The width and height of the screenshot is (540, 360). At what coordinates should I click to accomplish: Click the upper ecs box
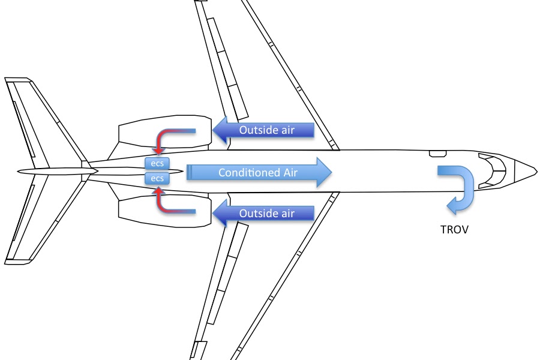point(157,163)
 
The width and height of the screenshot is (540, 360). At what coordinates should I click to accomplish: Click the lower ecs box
point(157,178)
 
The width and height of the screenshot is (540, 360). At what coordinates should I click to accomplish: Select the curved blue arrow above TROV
point(459,186)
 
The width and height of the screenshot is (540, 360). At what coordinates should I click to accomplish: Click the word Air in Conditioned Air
point(287,173)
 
